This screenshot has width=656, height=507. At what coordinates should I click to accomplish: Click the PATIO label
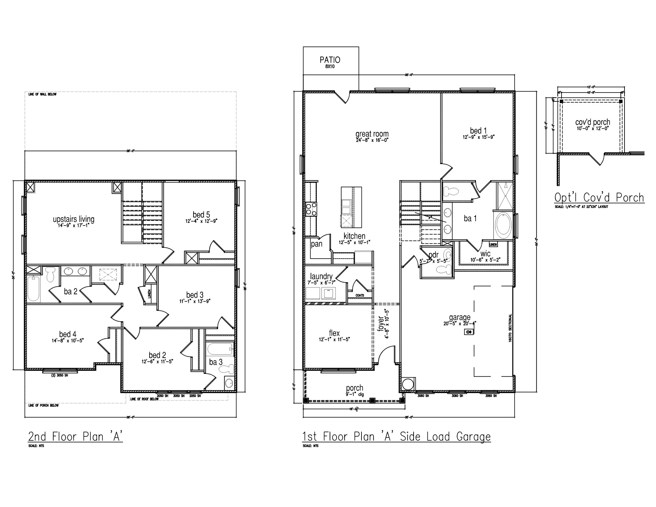pos(330,60)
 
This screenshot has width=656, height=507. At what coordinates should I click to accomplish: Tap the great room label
pos(372,134)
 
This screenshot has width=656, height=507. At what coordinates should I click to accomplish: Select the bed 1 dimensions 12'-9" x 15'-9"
pos(479,137)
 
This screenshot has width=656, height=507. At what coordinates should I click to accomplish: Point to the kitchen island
pos(351,207)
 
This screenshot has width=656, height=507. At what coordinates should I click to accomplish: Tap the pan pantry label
pos(317,244)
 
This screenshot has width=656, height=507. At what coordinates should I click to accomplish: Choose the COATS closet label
pos(360,295)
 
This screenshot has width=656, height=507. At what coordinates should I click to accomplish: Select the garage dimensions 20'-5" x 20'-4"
pos(460,323)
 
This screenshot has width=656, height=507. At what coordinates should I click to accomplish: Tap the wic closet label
pos(485,254)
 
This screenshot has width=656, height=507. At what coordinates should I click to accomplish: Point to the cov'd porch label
pos(592,122)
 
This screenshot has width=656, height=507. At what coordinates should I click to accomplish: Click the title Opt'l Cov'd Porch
pos(599,198)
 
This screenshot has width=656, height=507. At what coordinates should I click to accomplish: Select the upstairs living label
pos(73,219)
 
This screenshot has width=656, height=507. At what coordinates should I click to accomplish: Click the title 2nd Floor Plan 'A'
pos(75,437)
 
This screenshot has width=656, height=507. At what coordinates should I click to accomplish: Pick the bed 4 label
pos(68,334)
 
